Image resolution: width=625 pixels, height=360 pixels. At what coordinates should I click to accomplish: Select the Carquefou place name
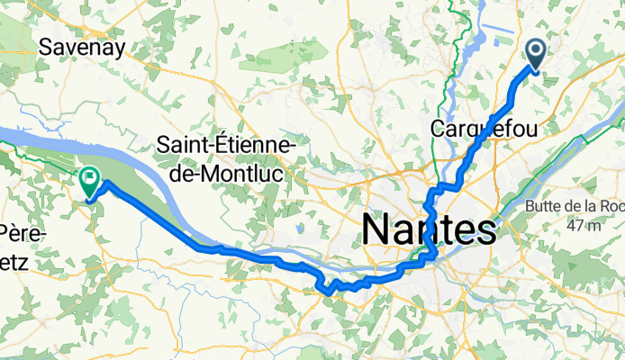485,128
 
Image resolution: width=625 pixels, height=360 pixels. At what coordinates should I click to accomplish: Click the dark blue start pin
536,56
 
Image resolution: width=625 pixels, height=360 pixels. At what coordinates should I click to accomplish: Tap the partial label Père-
19,231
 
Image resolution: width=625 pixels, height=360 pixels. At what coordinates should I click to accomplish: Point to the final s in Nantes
487,231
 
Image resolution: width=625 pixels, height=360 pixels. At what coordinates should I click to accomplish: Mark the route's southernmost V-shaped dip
330,292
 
